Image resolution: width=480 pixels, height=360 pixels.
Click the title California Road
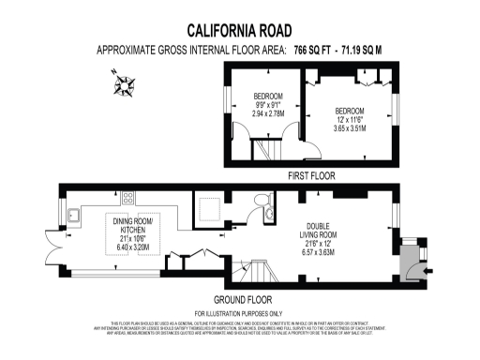click(239, 30)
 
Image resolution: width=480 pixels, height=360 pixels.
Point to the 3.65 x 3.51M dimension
click(352, 127)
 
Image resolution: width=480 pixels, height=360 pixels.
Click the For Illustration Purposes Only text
click(238, 312)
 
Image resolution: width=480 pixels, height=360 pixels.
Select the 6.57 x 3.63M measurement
click(321, 249)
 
